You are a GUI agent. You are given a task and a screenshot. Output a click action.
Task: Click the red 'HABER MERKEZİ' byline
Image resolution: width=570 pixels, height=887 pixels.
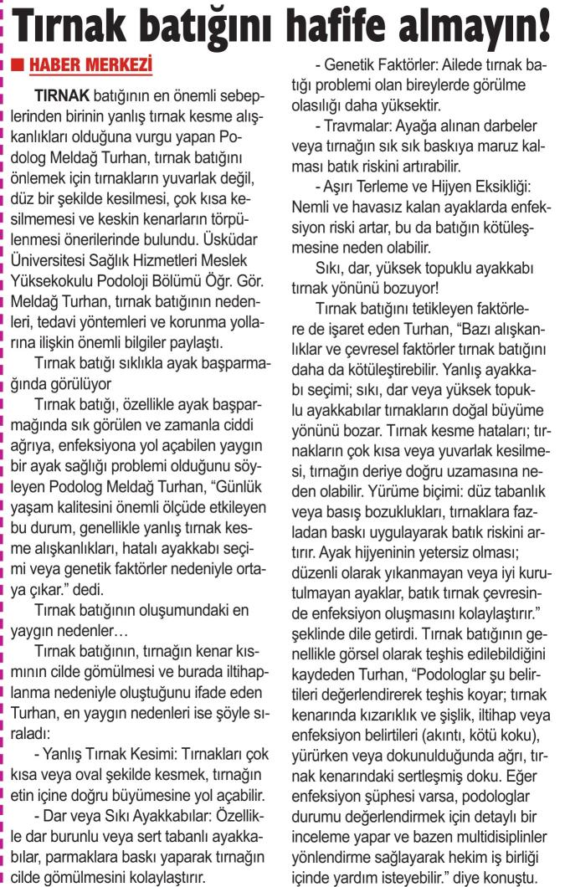[x=95, y=64]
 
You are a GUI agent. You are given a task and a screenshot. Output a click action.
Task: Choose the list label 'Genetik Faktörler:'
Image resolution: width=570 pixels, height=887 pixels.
[x=372, y=64]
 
